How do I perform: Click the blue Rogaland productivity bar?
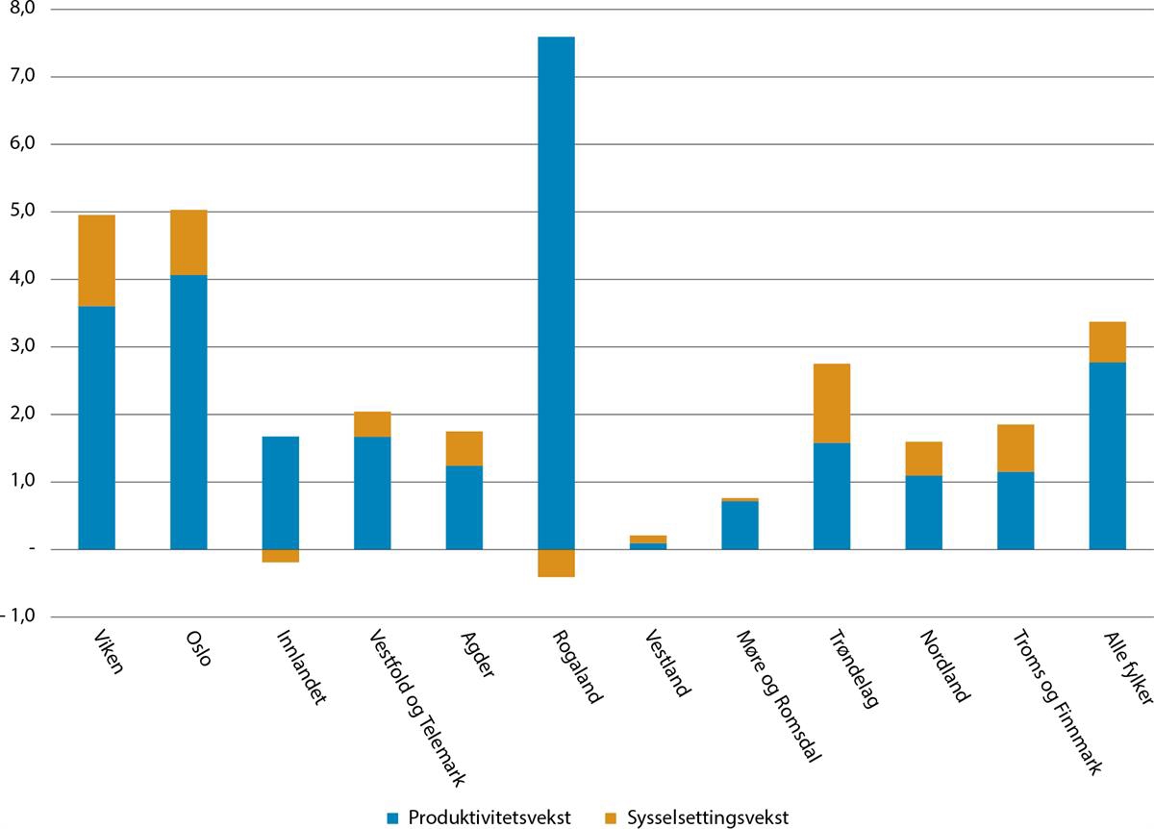pyautogui.click(x=556, y=289)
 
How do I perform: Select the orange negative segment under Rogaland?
pyautogui.click(x=556, y=563)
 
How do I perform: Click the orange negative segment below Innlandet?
pyautogui.click(x=280, y=556)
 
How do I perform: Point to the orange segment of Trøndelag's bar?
pyautogui.click(x=831, y=403)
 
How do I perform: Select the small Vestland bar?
pyautogui.click(x=647, y=541)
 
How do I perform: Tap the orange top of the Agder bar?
pyautogui.click(x=464, y=448)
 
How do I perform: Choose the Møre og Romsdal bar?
pyautogui.click(x=740, y=524)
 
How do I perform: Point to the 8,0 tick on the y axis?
pyautogui.click(x=21, y=10)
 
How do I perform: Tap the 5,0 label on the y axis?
pyautogui.click(x=21, y=212)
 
